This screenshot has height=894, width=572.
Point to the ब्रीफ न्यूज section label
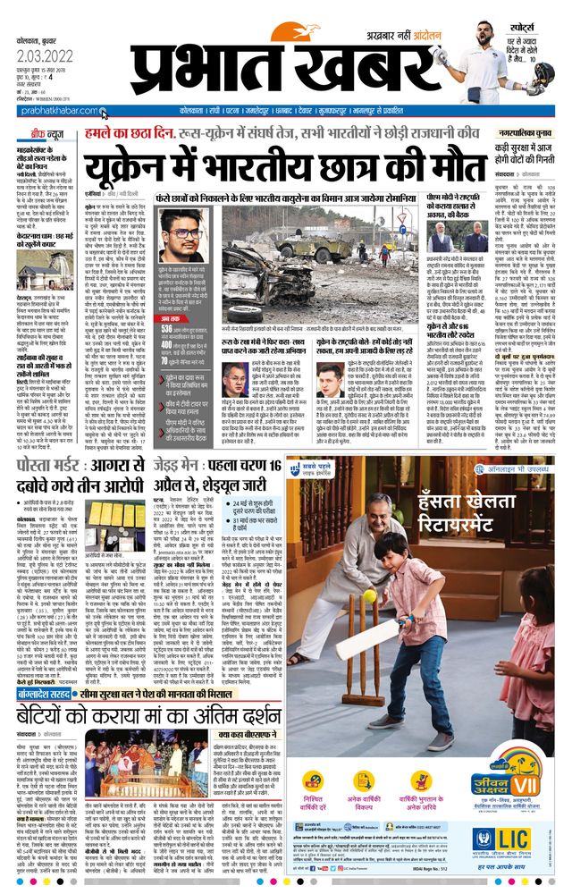[40, 134]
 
